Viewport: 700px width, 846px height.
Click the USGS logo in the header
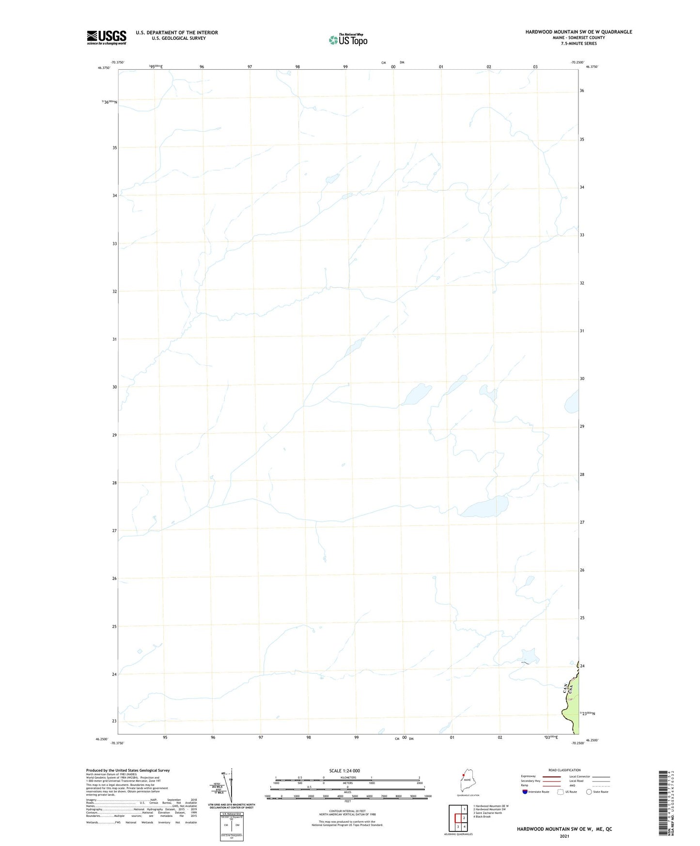point(107,37)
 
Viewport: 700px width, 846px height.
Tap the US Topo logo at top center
point(348,40)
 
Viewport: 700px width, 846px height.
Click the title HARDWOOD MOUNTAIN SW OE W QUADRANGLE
point(578,32)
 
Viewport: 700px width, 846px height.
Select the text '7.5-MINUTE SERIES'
point(578,44)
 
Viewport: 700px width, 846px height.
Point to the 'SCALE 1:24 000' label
point(344,771)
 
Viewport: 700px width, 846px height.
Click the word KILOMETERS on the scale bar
point(347,778)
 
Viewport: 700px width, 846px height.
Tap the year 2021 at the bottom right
point(564,836)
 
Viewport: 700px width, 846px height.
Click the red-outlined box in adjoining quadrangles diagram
point(458,818)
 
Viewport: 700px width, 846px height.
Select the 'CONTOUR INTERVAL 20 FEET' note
point(347,811)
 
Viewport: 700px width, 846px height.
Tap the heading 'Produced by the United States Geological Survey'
point(128,770)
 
